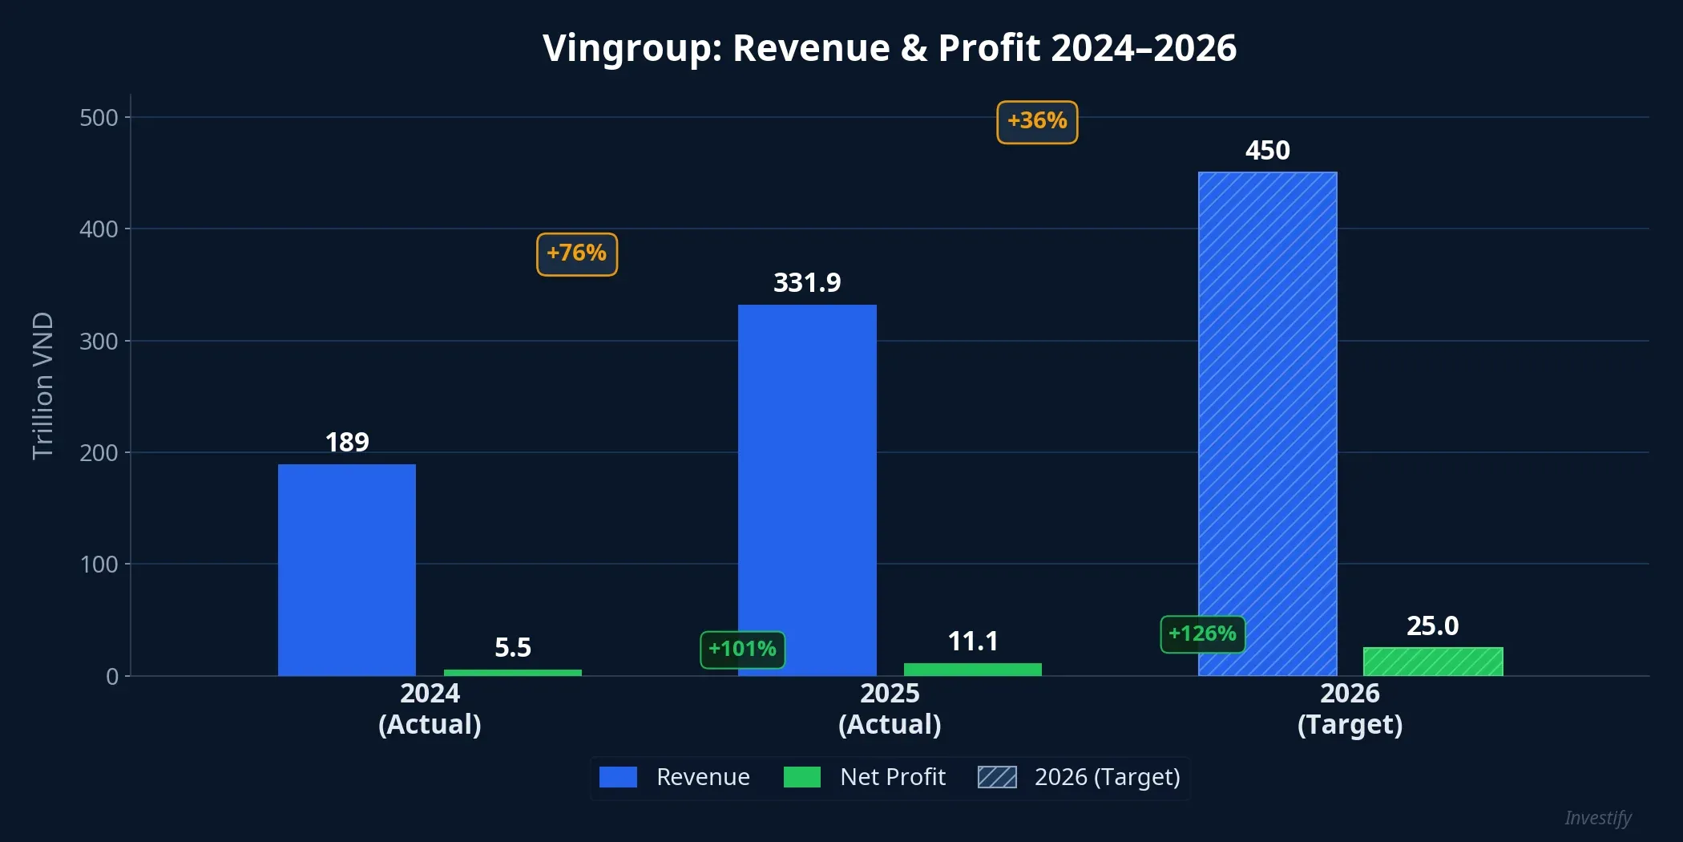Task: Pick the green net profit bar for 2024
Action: coord(513,673)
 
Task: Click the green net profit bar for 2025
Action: coord(972,670)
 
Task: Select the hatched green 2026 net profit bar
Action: coord(1433,662)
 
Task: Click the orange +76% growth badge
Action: coord(577,254)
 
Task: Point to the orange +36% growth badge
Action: coord(1037,122)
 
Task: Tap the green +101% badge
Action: coord(742,650)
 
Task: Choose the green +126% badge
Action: coord(1202,634)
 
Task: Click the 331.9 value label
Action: coord(807,283)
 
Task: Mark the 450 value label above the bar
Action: coord(1267,151)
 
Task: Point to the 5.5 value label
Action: coord(513,648)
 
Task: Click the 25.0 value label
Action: coord(1432,626)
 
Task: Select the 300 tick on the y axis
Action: coord(99,342)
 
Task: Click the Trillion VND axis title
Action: coord(42,385)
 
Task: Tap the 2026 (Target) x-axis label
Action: coord(1350,709)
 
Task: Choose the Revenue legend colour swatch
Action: coord(618,777)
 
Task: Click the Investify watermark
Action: coord(1597,818)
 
